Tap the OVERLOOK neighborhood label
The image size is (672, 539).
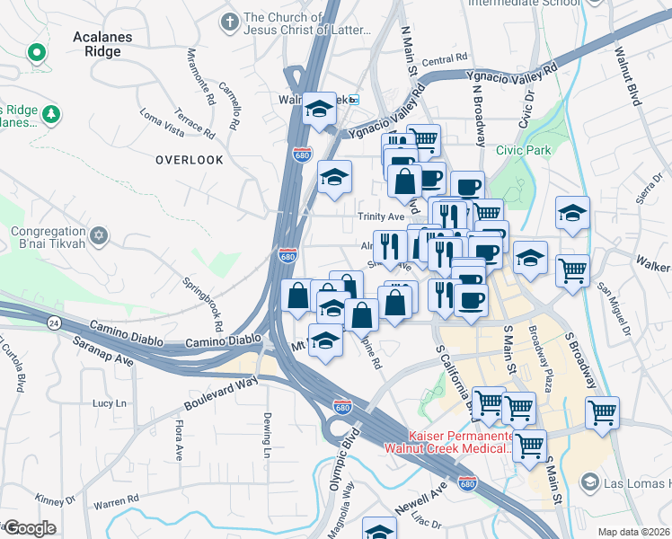189,160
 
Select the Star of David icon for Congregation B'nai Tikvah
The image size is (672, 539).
99,237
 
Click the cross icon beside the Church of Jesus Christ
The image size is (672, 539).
230,19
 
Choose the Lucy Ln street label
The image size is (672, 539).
110,404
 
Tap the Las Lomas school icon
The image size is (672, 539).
588,482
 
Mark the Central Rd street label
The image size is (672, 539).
446,60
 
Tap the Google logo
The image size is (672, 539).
30,528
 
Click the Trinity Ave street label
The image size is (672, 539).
382,217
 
